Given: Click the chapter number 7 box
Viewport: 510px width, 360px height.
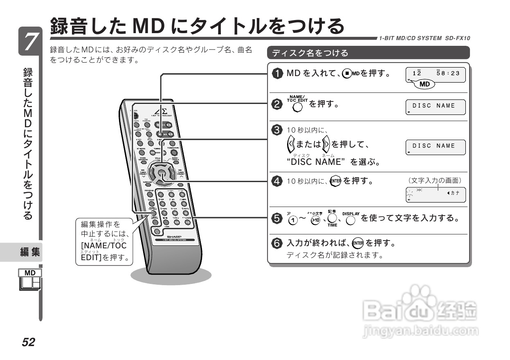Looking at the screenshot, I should click(29, 41).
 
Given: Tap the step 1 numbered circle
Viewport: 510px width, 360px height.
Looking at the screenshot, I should click(278, 74).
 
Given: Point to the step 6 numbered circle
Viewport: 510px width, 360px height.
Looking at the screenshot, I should click(278, 243).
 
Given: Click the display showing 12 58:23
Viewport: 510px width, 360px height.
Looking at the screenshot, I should click(436, 75).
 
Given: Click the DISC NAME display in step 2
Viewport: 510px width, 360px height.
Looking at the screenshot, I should click(436, 106).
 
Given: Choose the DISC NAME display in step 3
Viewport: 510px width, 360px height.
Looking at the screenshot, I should click(436, 146).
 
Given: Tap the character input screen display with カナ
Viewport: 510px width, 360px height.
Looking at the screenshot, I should click(436, 194).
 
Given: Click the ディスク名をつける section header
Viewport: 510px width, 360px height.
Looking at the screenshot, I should click(368, 53).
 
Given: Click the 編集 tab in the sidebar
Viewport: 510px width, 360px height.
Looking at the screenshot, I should click(30, 252).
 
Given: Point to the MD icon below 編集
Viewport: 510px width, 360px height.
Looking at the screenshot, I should click(30, 280).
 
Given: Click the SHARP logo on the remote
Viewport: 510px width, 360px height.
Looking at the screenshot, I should click(174, 237).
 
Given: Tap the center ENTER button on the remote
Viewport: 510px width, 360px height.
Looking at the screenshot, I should click(162, 173).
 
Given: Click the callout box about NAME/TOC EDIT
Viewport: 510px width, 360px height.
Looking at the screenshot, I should click(104, 242).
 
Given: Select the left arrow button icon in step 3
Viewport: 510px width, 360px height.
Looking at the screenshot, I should click(291, 144).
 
